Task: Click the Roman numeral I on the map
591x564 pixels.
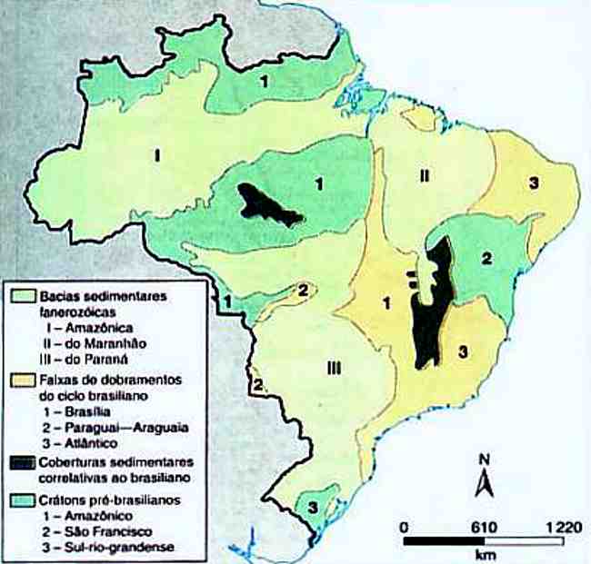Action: coord(156,155)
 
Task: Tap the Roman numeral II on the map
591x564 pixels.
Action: coord(424,175)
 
